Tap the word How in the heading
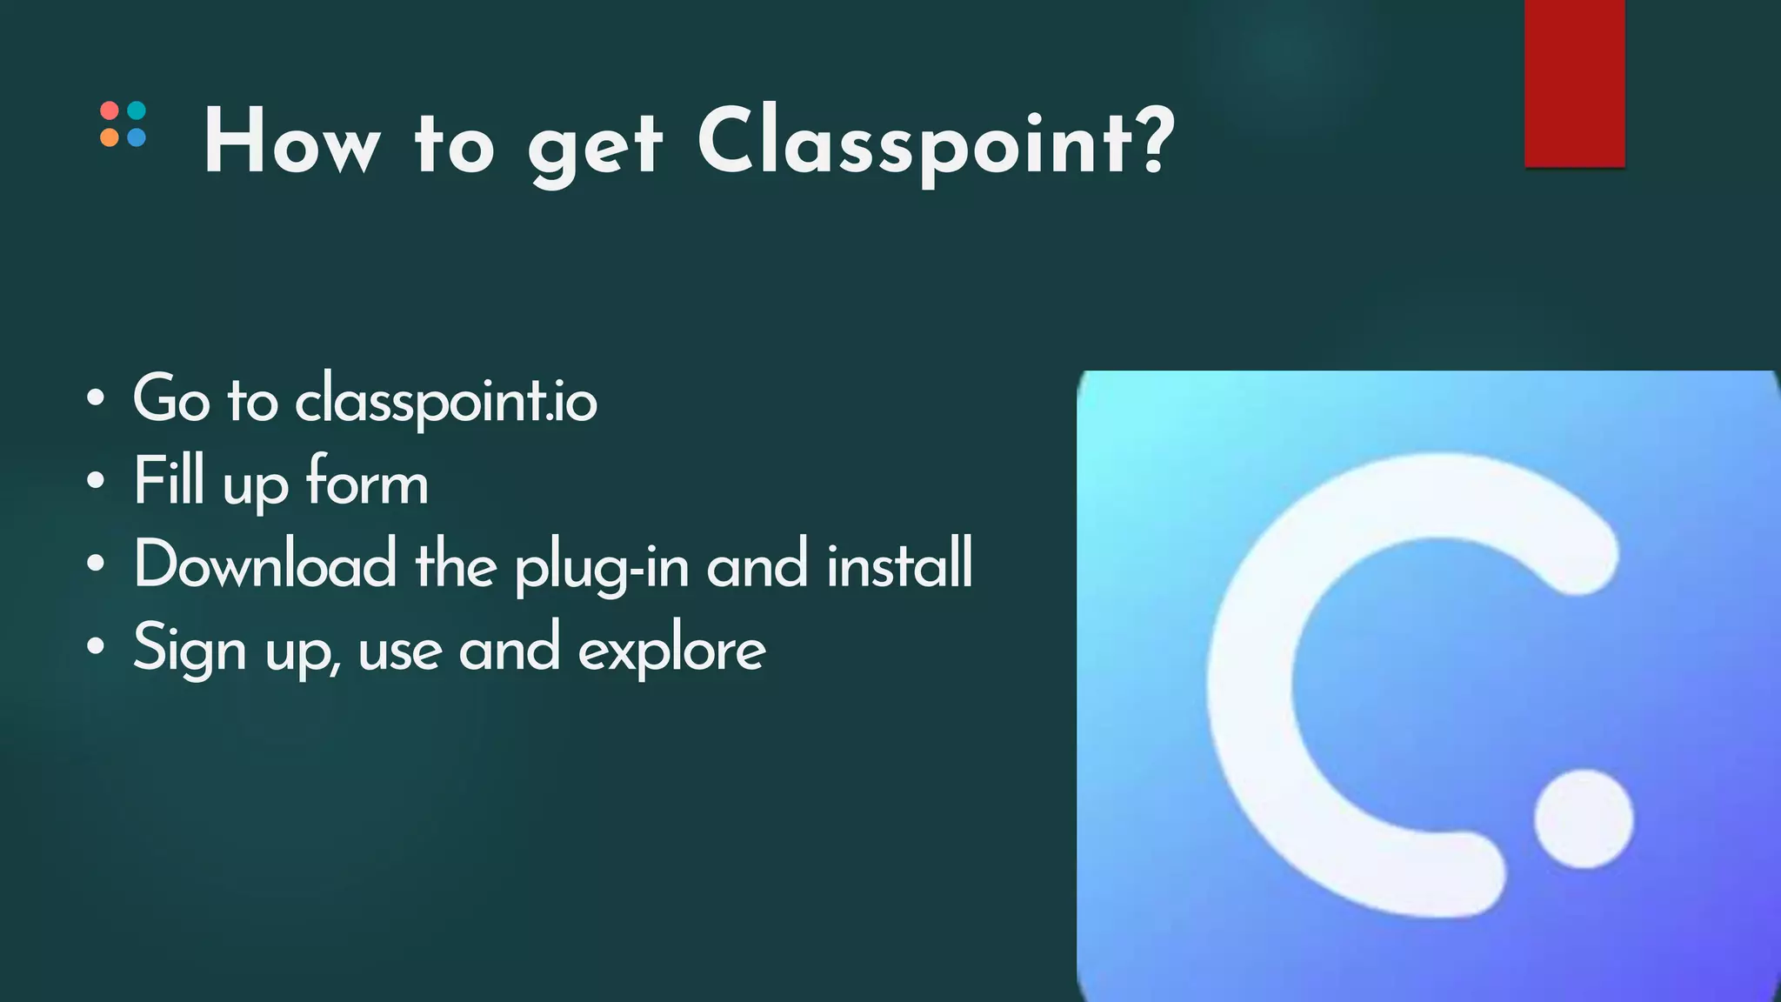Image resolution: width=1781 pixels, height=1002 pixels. (x=291, y=144)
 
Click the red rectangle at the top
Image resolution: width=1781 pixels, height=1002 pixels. (x=1574, y=83)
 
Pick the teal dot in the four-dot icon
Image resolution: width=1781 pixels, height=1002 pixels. (x=137, y=111)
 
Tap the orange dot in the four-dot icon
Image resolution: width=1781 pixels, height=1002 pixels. (x=110, y=137)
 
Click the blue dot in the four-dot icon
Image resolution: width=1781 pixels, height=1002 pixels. (x=137, y=137)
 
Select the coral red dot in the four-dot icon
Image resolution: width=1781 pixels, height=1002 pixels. (x=110, y=111)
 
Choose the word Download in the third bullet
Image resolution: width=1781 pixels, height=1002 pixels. (x=265, y=564)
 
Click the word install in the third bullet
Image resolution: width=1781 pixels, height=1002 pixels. (x=899, y=564)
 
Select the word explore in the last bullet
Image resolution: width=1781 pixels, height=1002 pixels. (x=671, y=651)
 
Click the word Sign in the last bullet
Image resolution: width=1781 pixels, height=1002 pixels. (x=190, y=649)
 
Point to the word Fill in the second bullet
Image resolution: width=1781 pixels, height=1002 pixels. (x=169, y=480)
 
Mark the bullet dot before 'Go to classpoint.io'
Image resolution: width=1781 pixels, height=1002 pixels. (x=96, y=399)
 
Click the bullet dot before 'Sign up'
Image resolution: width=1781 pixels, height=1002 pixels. (x=96, y=645)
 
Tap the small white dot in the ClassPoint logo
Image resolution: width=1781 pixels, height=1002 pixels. (x=1583, y=818)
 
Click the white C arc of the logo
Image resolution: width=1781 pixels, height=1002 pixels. (x=1251, y=687)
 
